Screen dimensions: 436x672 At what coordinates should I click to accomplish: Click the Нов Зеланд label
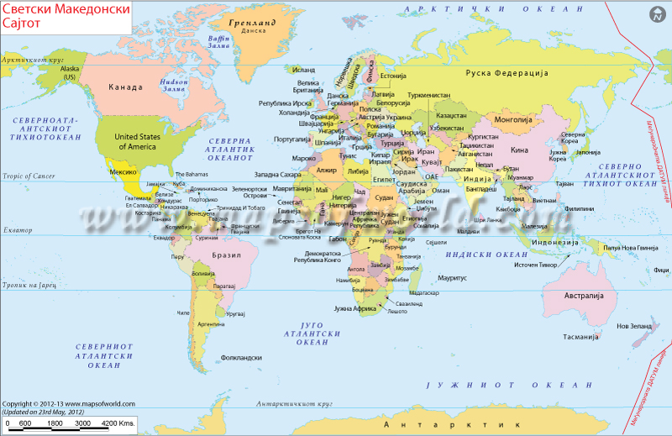click(x=633, y=325)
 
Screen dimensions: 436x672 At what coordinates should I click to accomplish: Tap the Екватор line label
click(x=17, y=229)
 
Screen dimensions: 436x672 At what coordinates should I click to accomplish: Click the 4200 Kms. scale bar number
click(x=118, y=423)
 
